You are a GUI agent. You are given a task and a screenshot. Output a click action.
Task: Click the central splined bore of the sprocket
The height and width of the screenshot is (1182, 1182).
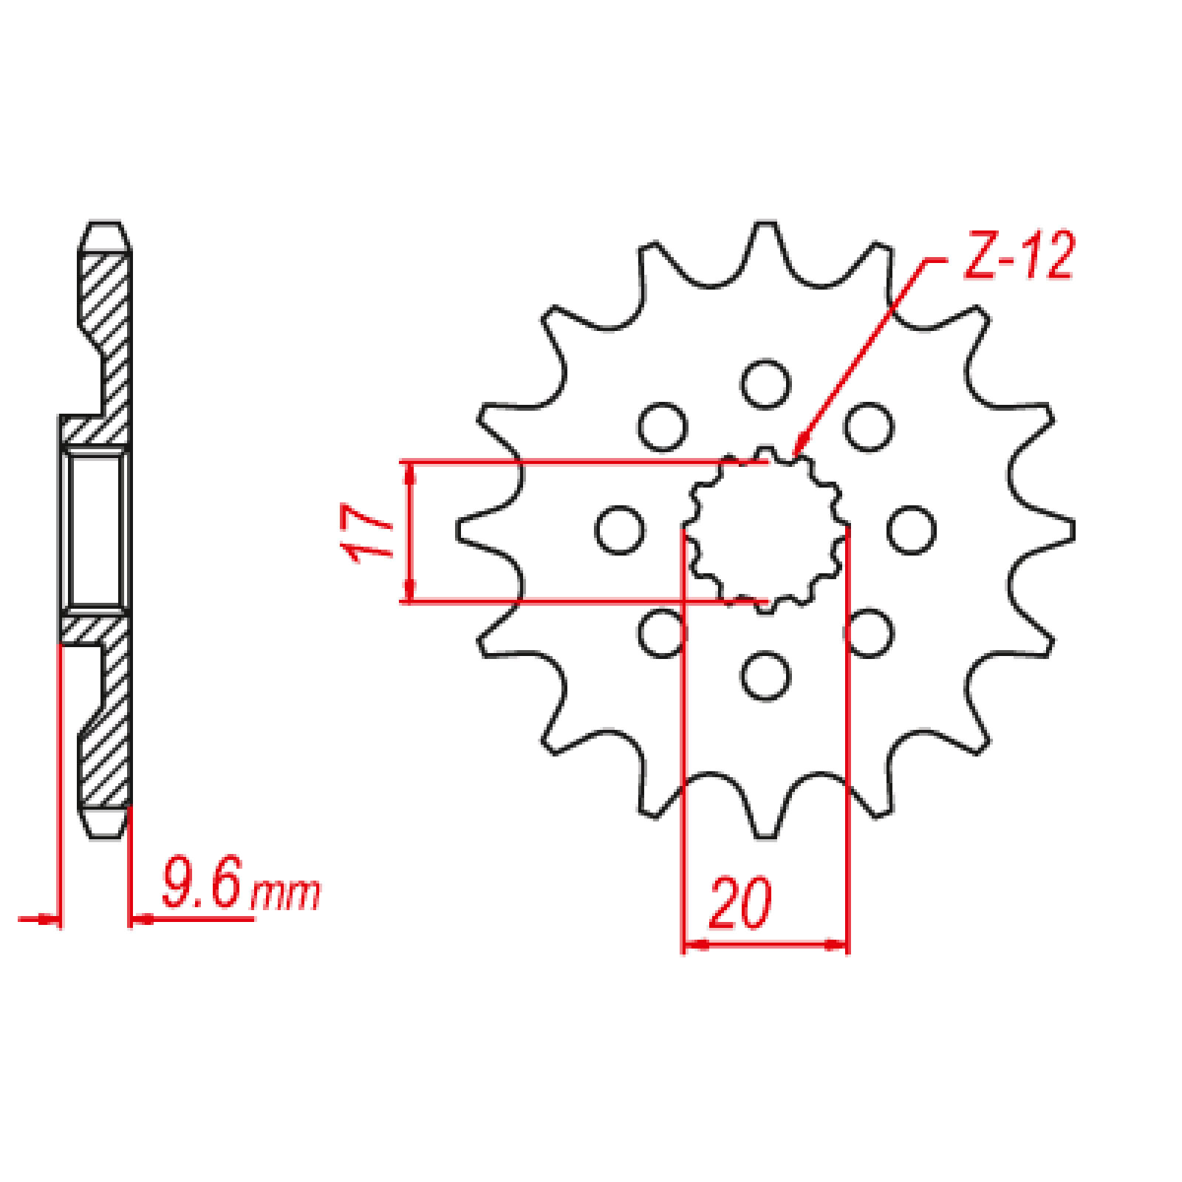point(766,530)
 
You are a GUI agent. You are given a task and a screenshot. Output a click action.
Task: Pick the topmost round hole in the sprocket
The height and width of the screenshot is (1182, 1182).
point(765,383)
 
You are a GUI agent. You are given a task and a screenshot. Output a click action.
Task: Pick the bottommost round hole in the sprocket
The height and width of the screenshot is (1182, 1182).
point(765,676)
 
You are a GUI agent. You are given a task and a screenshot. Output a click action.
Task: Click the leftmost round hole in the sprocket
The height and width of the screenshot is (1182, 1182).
point(619,530)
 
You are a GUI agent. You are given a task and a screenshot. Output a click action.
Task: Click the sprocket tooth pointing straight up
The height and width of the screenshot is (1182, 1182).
point(765,240)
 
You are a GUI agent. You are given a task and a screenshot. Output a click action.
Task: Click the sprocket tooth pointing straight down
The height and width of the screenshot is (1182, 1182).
point(765,820)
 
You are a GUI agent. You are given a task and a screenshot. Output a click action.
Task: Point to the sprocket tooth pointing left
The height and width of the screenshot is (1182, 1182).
point(476,530)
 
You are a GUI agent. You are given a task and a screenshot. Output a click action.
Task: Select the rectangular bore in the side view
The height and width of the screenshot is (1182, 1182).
point(95,530)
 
